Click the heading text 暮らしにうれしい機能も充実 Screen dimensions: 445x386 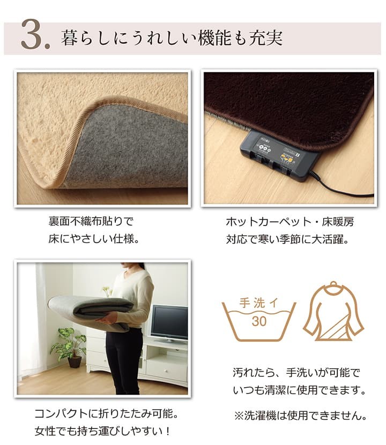[x=172, y=39]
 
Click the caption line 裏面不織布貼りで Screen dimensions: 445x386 [x=91, y=221]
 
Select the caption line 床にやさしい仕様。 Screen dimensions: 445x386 [x=94, y=238]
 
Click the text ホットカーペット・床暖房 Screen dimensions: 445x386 [x=289, y=221]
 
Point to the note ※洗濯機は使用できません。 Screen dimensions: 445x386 [x=300, y=416]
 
